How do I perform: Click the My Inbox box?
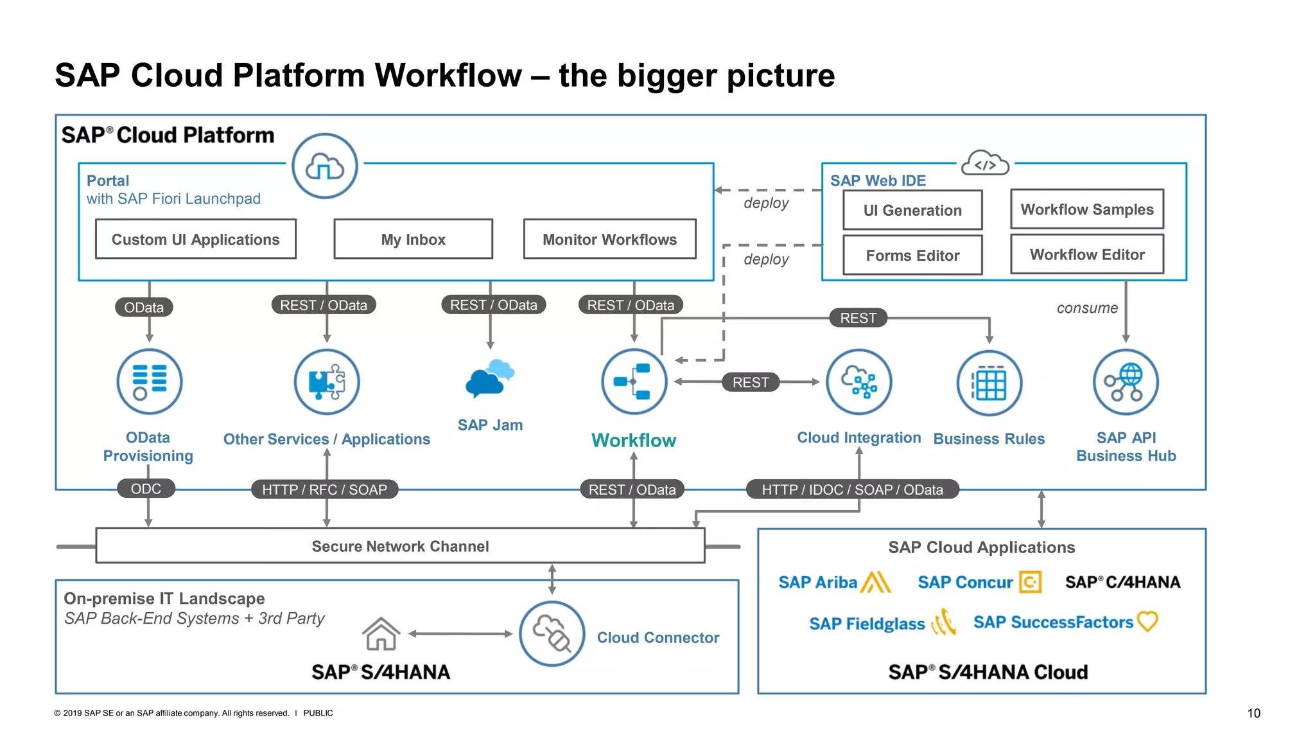pyautogui.click(x=413, y=239)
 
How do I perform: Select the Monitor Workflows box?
pyautogui.click(x=609, y=239)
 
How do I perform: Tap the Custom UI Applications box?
pyautogui.click(x=195, y=239)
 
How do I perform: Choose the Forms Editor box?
pyautogui.click(x=912, y=255)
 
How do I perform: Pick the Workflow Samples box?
pyautogui.click(x=1086, y=209)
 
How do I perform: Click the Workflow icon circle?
pyautogui.click(x=634, y=382)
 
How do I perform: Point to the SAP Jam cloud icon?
pyautogui.click(x=489, y=378)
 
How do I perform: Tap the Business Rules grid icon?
pyautogui.click(x=989, y=383)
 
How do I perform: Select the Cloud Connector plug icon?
pyautogui.click(x=552, y=633)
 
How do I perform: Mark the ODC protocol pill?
pyautogui.click(x=146, y=489)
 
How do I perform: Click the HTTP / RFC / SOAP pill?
pyautogui.click(x=324, y=489)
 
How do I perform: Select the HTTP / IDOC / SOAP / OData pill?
pyautogui.click(x=852, y=489)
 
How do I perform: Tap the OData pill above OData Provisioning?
pyautogui.click(x=144, y=307)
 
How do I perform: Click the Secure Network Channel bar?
pyautogui.click(x=400, y=546)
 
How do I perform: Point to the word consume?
pyautogui.click(x=1086, y=308)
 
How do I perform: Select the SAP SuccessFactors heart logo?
pyautogui.click(x=1147, y=621)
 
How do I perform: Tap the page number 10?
pyautogui.click(x=1253, y=713)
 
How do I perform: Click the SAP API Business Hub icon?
pyautogui.click(x=1126, y=382)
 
